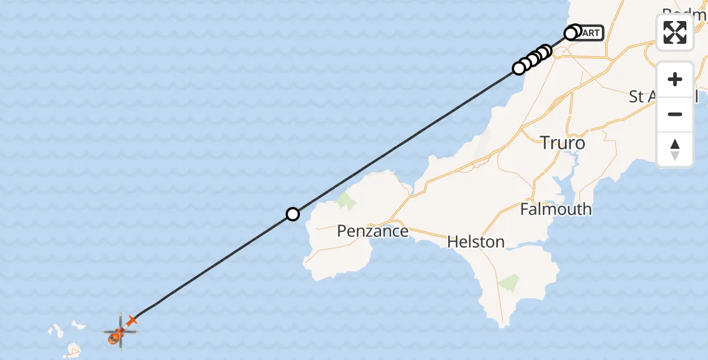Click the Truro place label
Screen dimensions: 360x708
tap(562, 143)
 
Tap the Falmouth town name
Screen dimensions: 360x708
tap(556, 209)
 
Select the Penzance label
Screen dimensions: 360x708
tap(372, 230)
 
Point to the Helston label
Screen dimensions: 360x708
tap(476, 242)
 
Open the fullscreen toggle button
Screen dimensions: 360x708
tap(675, 32)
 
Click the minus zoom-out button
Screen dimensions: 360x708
tap(675, 114)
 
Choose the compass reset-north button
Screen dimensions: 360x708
tap(675, 149)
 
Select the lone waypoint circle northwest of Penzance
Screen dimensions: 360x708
tap(292, 214)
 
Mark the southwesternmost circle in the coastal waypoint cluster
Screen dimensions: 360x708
tap(519, 68)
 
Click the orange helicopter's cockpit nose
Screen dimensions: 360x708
tap(113, 340)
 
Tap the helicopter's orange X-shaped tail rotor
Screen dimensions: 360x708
tap(132, 321)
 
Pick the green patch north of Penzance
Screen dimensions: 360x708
tap(345, 201)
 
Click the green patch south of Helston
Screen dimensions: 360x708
tap(509, 283)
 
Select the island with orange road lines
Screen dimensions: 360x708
tap(74, 349)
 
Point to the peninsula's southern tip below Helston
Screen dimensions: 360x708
tap(502, 325)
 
